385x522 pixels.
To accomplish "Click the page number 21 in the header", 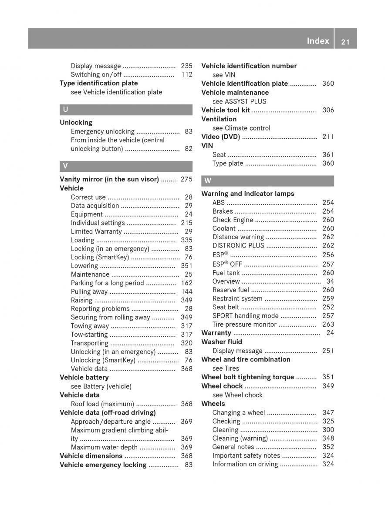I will point(346,42).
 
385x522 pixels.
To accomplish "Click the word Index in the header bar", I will point(318,41).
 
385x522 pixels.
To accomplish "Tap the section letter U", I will point(65,110).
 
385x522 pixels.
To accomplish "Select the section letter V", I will point(65,166).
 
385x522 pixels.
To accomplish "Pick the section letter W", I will point(208,181).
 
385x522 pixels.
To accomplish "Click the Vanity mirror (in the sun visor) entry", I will point(109,179).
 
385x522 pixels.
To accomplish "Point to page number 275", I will point(186,179).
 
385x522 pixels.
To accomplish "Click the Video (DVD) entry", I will point(220,137).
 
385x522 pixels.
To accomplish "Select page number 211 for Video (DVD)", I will point(328,137).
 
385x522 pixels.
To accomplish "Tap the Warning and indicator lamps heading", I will point(247,194).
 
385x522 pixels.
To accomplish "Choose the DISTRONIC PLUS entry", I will point(238,245).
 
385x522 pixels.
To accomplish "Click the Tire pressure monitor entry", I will point(244,324).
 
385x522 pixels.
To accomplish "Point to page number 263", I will point(328,324).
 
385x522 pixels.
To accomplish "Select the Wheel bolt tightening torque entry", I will point(247,377).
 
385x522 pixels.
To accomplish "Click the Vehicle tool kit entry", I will point(225,110).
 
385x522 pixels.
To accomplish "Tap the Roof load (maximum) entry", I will point(102,404).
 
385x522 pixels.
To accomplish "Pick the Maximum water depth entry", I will point(104,447).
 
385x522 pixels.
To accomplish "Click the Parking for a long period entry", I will point(107,283).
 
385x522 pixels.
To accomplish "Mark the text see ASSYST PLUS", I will point(239,101).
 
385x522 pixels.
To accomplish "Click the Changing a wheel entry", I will point(238,412).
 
